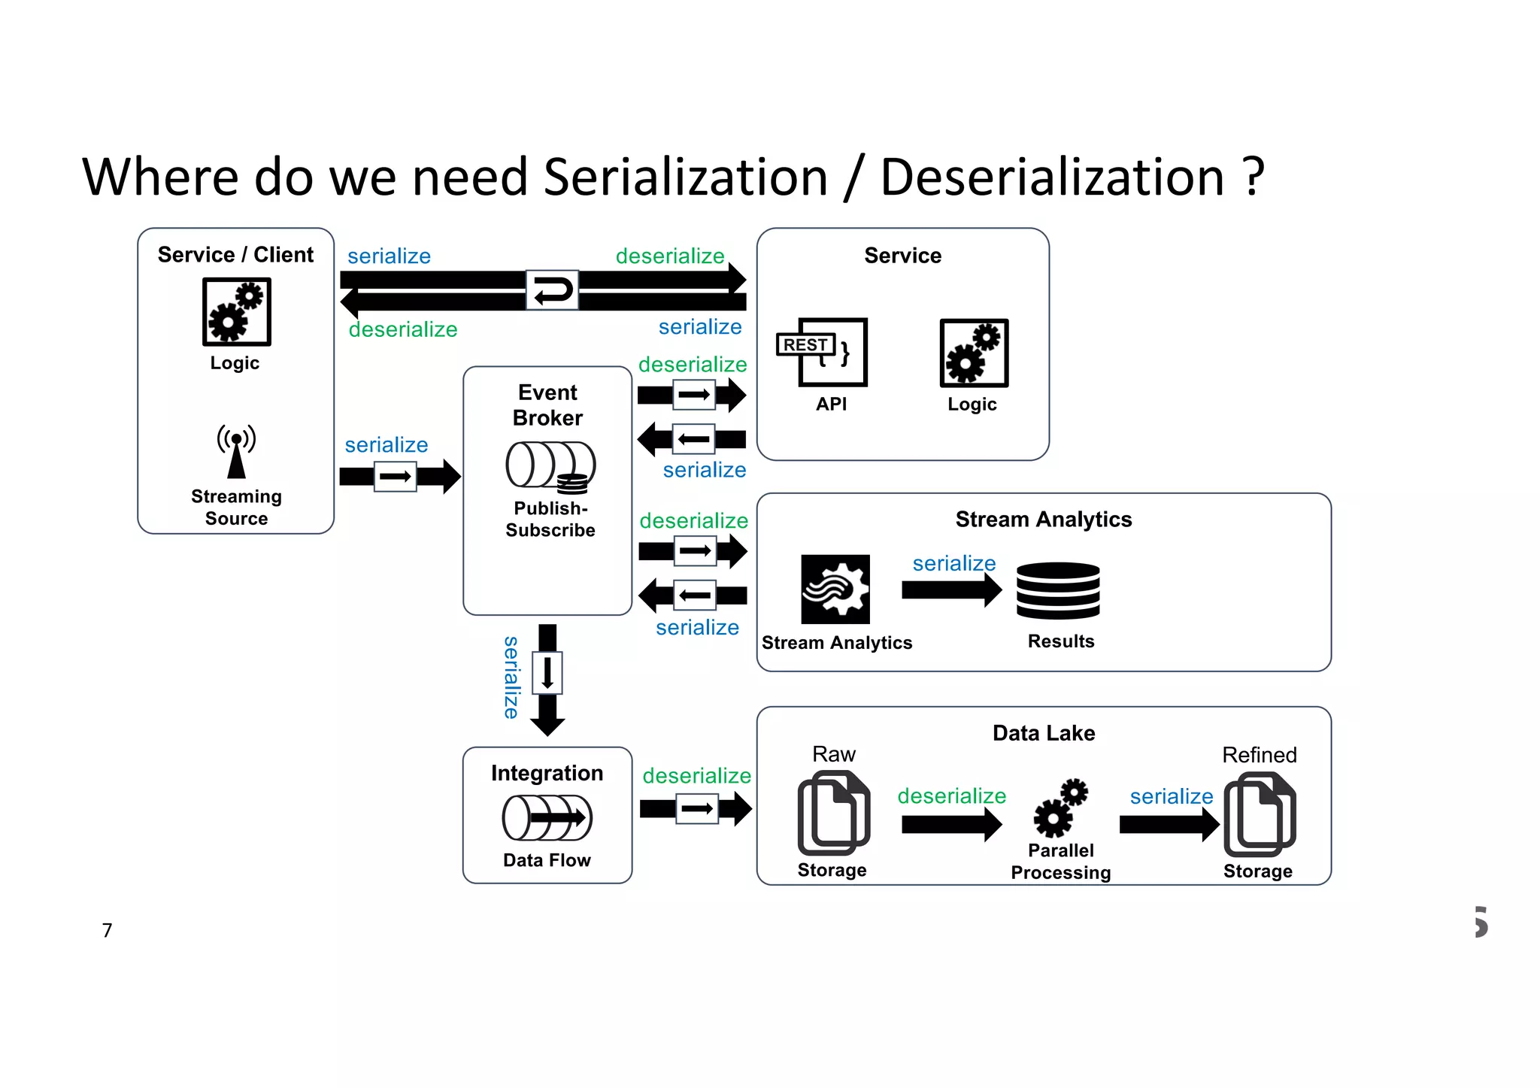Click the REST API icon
(823, 352)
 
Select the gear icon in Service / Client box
(236, 312)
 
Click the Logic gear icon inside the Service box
(974, 353)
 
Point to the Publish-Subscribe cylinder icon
(550, 466)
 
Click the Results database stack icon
(1058, 590)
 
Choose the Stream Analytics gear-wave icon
(835, 589)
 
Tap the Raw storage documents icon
(833, 814)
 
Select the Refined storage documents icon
(1260, 815)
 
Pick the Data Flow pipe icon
(547, 818)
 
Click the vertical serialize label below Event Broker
(511, 677)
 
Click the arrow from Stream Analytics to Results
(951, 590)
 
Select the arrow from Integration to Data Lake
(696, 809)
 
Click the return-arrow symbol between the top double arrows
(552, 290)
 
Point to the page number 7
(108, 930)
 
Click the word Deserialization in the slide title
(1052, 177)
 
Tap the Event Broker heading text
(547, 405)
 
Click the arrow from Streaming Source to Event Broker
(399, 476)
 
